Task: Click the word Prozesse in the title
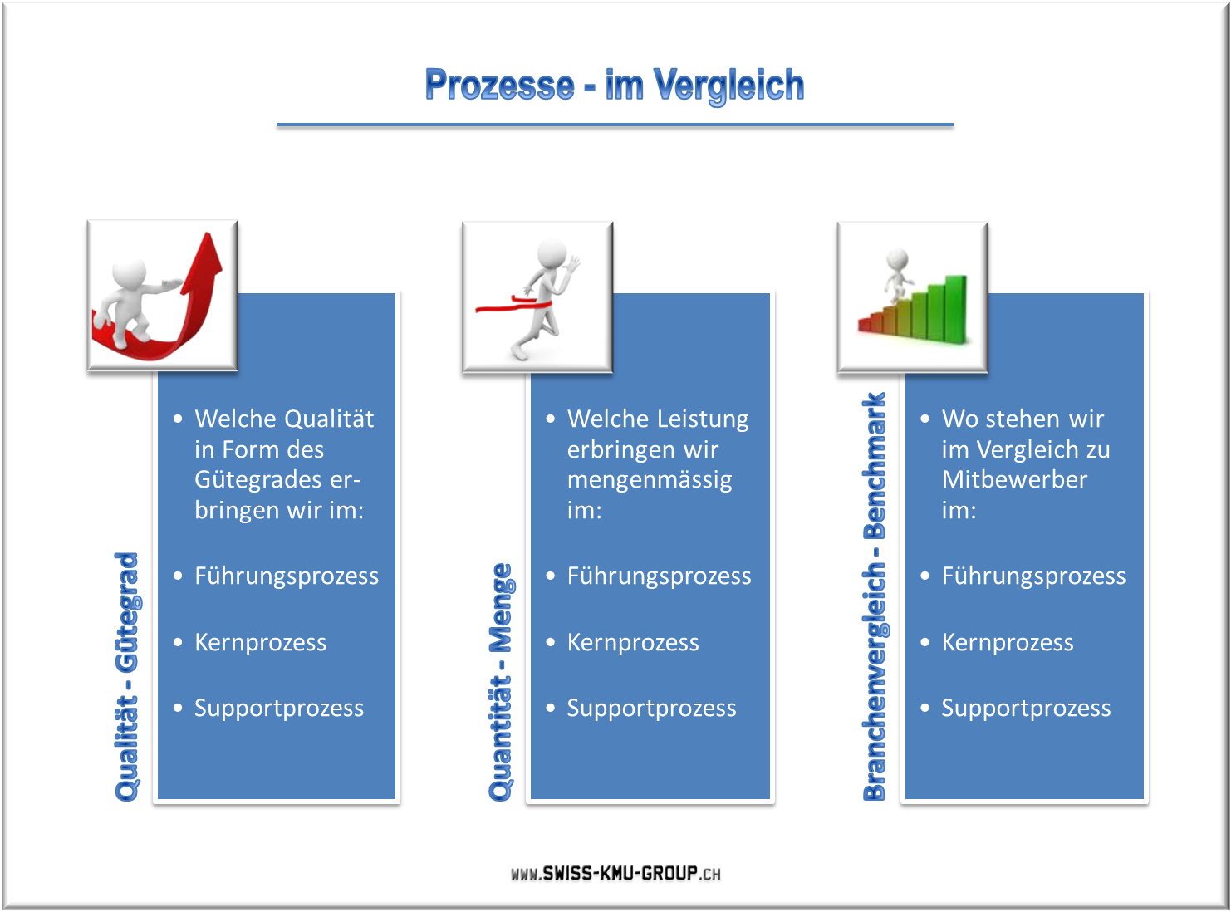click(x=499, y=85)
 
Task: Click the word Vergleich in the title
click(x=728, y=86)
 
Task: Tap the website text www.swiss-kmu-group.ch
click(x=615, y=873)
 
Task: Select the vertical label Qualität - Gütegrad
click(x=126, y=676)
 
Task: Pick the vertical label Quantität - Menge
click(x=501, y=682)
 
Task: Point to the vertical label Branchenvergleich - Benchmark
click(x=875, y=596)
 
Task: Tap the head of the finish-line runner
click(x=552, y=254)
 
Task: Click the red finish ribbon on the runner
click(x=513, y=305)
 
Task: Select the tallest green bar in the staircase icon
click(x=956, y=309)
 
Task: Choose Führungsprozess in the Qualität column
click(x=287, y=576)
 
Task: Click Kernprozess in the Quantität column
click(x=633, y=642)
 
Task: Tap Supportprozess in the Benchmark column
click(x=1026, y=709)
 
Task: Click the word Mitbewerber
click(x=1014, y=479)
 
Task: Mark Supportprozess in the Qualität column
click(x=279, y=709)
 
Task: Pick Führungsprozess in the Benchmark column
click(x=1034, y=576)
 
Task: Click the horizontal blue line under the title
click(x=615, y=125)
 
